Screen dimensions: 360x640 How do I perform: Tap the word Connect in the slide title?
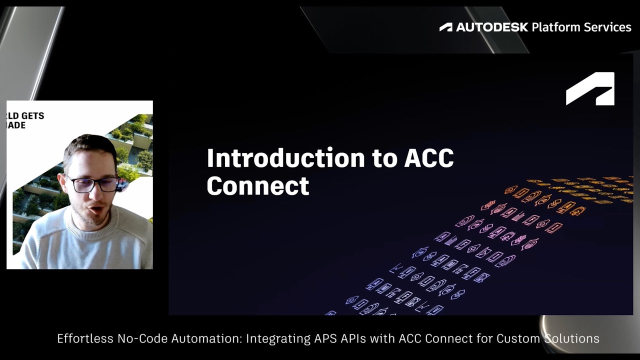257,186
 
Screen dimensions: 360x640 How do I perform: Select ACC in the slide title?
428,158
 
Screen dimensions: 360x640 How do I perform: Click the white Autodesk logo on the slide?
590,89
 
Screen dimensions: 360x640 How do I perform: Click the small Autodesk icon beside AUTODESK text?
445,27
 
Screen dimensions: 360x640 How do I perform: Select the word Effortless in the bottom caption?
85,338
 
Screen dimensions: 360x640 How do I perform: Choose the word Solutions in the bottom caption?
570,338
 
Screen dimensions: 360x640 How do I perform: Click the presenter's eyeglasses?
92,184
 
